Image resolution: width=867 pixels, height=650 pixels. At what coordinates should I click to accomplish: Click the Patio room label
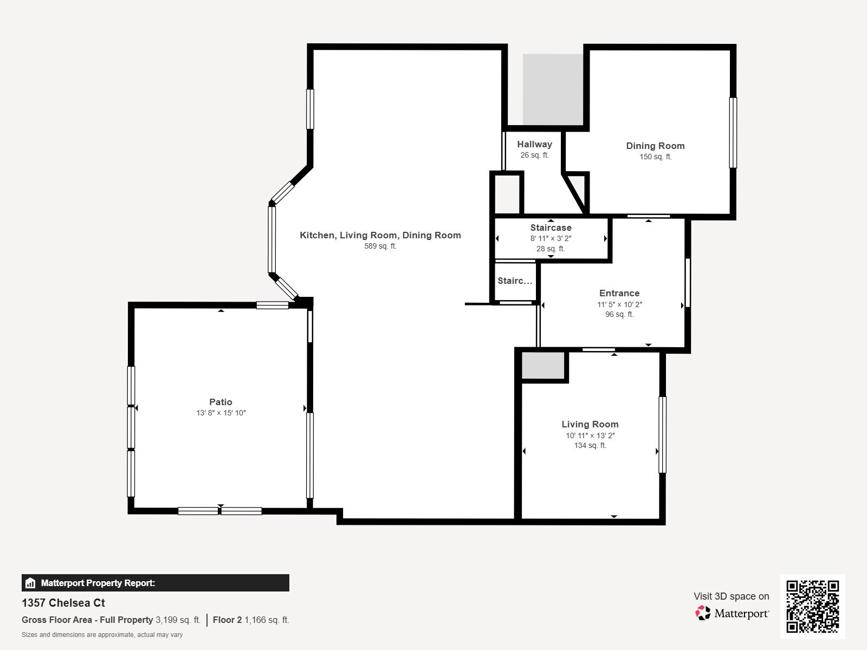click(x=221, y=402)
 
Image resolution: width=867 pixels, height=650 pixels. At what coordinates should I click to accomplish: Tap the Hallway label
click(x=534, y=144)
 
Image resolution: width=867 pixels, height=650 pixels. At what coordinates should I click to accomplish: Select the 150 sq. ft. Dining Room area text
click(x=655, y=157)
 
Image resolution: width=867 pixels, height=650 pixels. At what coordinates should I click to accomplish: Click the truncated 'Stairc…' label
click(x=515, y=281)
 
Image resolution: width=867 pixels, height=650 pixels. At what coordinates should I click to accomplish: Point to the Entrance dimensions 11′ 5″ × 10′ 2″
click(x=619, y=304)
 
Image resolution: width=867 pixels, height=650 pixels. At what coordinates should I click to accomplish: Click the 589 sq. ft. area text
click(x=380, y=246)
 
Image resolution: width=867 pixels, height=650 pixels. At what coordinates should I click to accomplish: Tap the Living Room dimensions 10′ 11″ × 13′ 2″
click(x=590, y=435)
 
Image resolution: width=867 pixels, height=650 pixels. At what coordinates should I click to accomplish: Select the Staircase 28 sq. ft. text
click(x=551, y=249)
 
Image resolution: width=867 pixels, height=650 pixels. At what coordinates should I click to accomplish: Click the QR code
click(x=812, y=606)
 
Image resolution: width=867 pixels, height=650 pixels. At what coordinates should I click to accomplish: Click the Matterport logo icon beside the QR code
click(x=703, y=613)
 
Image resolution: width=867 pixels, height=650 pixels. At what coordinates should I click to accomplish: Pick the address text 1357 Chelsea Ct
click(x=63, y=603)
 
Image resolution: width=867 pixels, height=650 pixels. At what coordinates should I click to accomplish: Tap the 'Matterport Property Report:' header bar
click(x=155, y=583)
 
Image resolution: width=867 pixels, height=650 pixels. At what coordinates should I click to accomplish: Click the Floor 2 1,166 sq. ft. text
click(x=251, y=620)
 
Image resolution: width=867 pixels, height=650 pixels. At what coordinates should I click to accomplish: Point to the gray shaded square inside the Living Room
click(x=542, y=366)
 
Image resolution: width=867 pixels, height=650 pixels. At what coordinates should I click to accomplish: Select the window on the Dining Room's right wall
click(x=733, y=133)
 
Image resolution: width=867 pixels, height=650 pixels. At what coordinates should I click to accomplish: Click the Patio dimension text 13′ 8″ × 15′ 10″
click(x=221, y=413)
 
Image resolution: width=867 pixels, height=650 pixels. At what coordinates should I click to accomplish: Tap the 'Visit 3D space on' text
click(x=731, y=596)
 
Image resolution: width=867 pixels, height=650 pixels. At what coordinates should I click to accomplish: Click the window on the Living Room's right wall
click(x=662, y=434)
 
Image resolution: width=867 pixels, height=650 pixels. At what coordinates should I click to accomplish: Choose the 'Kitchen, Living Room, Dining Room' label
click(x=380, y=235)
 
